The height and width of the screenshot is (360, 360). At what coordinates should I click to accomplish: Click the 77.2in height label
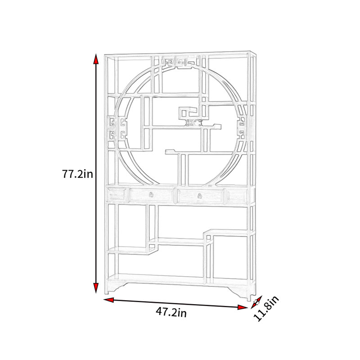coord(77,174)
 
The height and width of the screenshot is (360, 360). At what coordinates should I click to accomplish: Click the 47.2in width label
coord(171,312)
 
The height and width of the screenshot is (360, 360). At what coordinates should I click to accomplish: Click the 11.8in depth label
coord(266,308)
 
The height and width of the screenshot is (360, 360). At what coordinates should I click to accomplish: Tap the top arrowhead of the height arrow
coord(96,59)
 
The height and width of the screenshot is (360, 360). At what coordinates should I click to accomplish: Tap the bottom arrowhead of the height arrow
coord(96,288)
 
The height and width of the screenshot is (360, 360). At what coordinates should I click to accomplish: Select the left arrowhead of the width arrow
coord(108,300)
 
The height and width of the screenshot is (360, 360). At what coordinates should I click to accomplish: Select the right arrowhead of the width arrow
coord(243,307)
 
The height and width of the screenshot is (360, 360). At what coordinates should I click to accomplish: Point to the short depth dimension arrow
coord(256,302)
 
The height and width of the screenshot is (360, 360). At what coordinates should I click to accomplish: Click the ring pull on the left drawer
coord(151,194)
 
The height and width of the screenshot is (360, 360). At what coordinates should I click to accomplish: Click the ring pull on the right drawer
coord(199,196)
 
